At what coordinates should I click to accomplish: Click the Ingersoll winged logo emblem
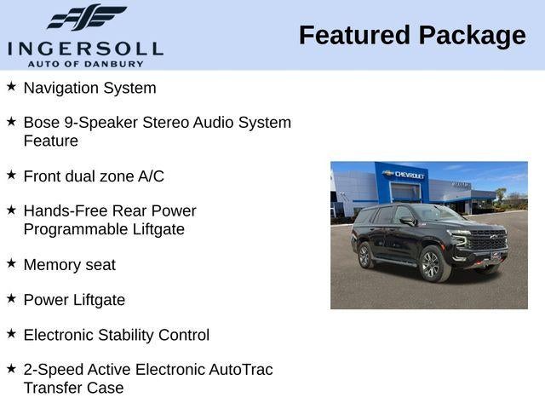click(x=85, y=17)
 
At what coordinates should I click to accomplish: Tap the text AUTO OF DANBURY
click(x=85, y=63)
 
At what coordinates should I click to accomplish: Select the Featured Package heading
click(x=412, y=36)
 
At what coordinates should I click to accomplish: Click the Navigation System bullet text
click(x=89, y=88)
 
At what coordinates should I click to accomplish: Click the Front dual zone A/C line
click(x=94, y=176)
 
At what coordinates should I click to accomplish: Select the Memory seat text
click(x=69, y=265)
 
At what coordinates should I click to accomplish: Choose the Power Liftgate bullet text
click(x=74, y=300)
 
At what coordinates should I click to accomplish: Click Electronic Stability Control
click(x=116, y=335)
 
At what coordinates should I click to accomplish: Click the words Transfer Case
click(x=73, y=388)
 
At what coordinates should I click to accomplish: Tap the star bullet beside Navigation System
click(x=11, y=87)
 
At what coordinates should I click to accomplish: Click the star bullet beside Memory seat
click(x=11, y=264)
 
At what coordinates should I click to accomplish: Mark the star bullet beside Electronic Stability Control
click(x=11, y=334)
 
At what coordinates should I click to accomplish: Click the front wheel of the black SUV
click(x=431, y=265)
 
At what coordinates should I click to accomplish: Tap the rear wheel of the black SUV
click(x=365, y=255)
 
